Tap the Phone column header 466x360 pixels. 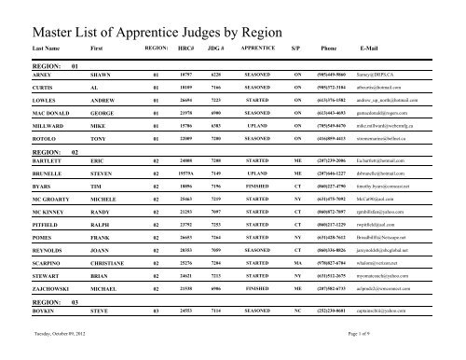click(x=329, y=47)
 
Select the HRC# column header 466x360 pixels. click(x=184, y=47)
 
